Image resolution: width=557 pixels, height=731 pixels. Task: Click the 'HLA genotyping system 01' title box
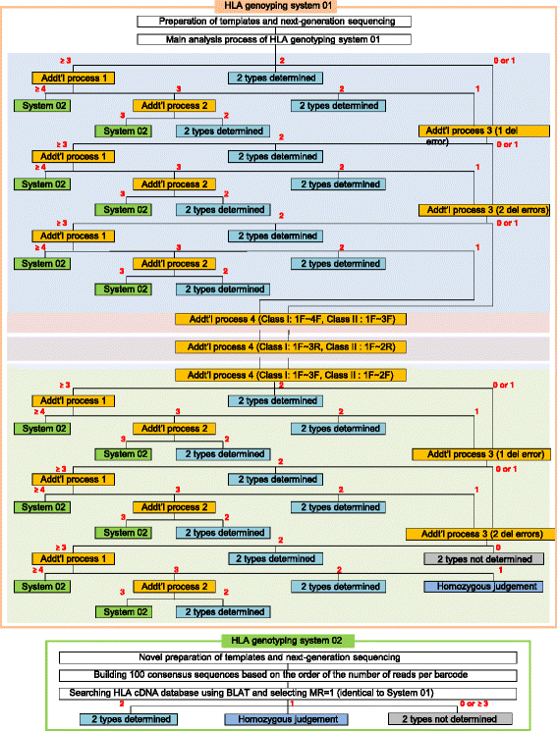pyautogui.click(x=278, y=7)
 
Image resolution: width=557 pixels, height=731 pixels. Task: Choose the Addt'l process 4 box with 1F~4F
pyautogui.click(x=279, y=320)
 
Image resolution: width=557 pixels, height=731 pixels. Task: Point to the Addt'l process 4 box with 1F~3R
pyautogui.click(x=279, y=347)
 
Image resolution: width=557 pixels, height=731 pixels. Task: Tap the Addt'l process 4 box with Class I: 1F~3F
pyautogui.click(x=279, y=375)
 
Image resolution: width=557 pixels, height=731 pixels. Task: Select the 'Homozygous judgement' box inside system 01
pyautogui.click(x=482, y=586)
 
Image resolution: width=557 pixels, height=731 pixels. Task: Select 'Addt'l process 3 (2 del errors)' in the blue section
pyautogui.click(x=483, y=210)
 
